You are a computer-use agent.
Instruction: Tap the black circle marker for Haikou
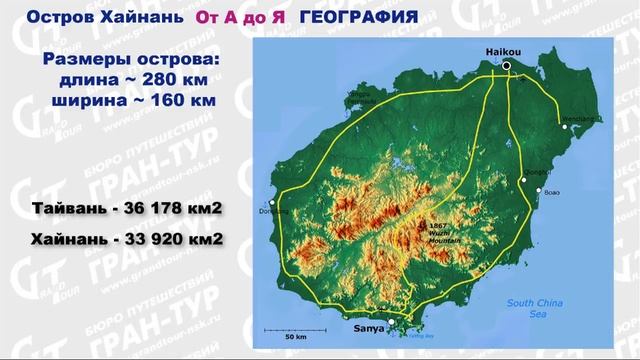tap(507, 66)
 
